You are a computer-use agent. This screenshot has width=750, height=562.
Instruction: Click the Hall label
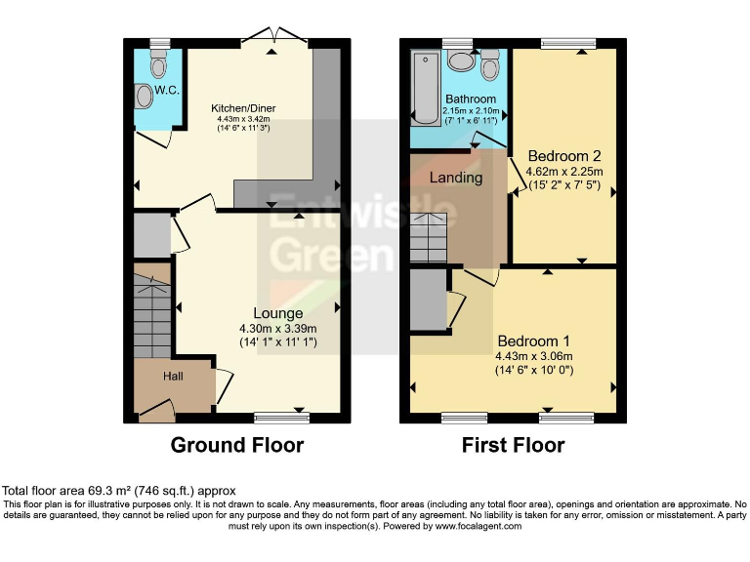[173, 376]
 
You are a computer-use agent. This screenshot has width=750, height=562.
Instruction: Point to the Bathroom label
[472, 100]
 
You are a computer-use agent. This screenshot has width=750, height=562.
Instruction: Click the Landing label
[456, 178]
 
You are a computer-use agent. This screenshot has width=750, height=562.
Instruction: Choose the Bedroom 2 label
[563, 156]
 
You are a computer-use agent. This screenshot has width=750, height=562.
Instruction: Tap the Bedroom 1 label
[533, 341]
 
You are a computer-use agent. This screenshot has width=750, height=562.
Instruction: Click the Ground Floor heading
[237, 446]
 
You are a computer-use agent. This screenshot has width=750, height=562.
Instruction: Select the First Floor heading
[513, 446]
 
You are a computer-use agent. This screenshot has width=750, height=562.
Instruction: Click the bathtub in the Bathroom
[425, 91]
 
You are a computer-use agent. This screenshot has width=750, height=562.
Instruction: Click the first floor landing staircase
[427, 237]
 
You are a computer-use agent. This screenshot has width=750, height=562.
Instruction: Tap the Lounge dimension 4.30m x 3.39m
[277, 329]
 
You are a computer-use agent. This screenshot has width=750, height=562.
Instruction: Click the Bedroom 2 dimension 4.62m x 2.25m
[564, 172]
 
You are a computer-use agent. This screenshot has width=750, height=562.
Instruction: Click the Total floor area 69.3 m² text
[118, 491]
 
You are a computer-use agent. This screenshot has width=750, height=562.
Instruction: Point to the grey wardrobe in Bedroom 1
[427, 302]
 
